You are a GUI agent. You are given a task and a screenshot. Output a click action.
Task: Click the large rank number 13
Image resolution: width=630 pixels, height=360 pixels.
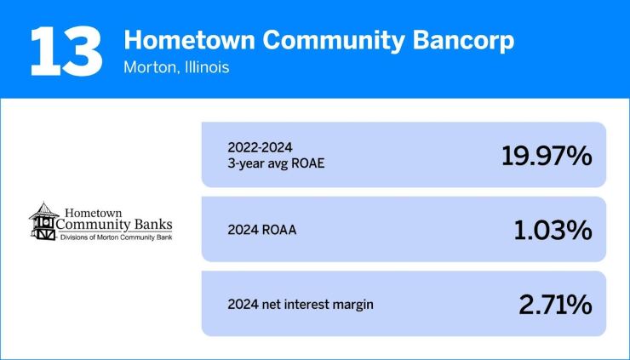click(x=67, y=50)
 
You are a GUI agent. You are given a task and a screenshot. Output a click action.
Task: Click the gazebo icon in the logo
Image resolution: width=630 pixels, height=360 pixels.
click(x=42, y=222)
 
